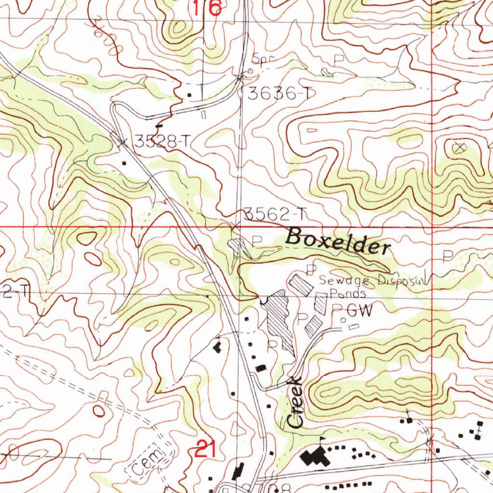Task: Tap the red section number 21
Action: point(205,450)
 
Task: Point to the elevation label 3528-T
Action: point(162,142)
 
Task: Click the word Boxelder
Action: point(338,241)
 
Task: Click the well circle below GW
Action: point(343,320)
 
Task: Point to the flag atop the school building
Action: point(323,440)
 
